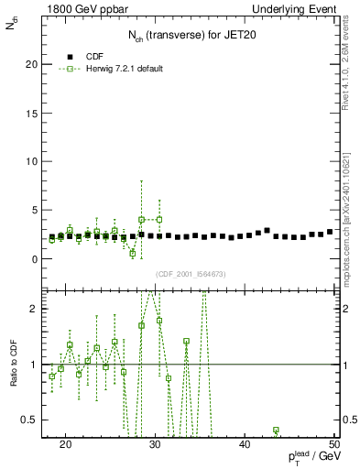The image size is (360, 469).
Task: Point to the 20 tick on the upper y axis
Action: click(x=38, y=64)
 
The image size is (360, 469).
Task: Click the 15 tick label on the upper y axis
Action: click(x=38, y=113)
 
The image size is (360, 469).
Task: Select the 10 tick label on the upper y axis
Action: click(x=38, y=161)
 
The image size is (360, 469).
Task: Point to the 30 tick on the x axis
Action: click(x=155, y=444)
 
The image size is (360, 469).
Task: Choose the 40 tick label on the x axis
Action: click(x=245, y=444)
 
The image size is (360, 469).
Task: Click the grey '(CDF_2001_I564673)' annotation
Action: click(x=191, y=274)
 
